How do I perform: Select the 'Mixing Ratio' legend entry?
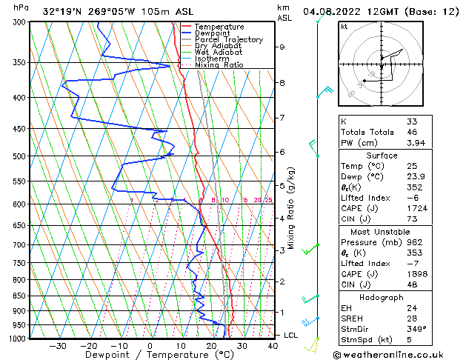(x=219, y=65)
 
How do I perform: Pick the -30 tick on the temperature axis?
(x=58, y=345)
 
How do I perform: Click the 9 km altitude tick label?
(x=282, y=47)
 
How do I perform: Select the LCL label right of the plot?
(x=292, y=335)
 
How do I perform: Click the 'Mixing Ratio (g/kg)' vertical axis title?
(x=291, y=207)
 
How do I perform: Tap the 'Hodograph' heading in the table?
(x=382, y=297)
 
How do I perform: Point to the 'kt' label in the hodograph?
(x=344, y=27)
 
